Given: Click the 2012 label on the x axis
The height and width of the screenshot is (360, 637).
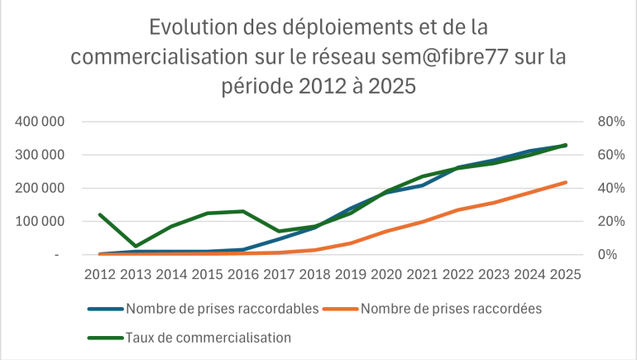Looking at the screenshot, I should [100, 273].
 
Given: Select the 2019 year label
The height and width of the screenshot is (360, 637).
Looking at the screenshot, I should [351, 273].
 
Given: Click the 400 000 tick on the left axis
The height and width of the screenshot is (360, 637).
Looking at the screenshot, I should [41, 122].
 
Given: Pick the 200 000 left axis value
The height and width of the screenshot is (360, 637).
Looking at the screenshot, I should [41, 188].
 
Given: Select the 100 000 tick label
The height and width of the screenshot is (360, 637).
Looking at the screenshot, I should [41, 221].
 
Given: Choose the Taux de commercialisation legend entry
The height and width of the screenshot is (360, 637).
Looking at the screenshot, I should [208, 337].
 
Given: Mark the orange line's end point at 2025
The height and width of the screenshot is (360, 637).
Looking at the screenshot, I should [566, 182].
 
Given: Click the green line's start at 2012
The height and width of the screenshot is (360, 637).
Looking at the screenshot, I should [100, 214].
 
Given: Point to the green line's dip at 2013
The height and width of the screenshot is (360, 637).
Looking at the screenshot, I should [136, 246].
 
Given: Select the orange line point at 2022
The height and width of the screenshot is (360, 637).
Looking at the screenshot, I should [458, 210].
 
